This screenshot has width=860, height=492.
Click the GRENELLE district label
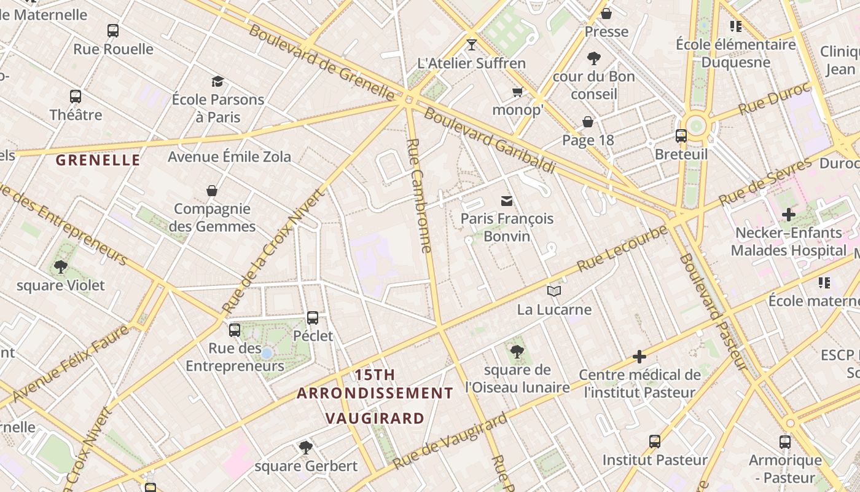(x=98, y=161)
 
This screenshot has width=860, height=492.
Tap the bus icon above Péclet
(x=313, y=318)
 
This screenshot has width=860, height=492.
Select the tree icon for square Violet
(x=60, y=267)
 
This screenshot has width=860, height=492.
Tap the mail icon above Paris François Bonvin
(x=507, y=200)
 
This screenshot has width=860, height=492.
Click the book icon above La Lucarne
(x=554, y=291)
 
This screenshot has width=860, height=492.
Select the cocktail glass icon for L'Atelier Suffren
(x=472, y=45)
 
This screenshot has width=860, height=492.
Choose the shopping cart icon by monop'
(x=517, y=92)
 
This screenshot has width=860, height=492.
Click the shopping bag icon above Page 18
(x=588, y=122)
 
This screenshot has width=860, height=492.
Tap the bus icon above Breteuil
(x=681, y=136)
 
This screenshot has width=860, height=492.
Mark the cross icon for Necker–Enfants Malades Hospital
(x=789, y=215)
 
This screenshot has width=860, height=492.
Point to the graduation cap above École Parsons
(x=217, y=81)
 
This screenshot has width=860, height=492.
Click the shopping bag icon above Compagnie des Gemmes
(x=212, y=191)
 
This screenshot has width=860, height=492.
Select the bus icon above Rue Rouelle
(x=113, y=31)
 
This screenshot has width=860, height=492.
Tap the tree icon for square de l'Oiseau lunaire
(x=517, y=352)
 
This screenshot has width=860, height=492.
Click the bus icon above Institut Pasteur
(x=655, y=442)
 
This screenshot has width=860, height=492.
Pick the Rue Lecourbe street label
(x=622, y=249)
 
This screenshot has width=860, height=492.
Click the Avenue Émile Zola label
(x=230, y=157)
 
